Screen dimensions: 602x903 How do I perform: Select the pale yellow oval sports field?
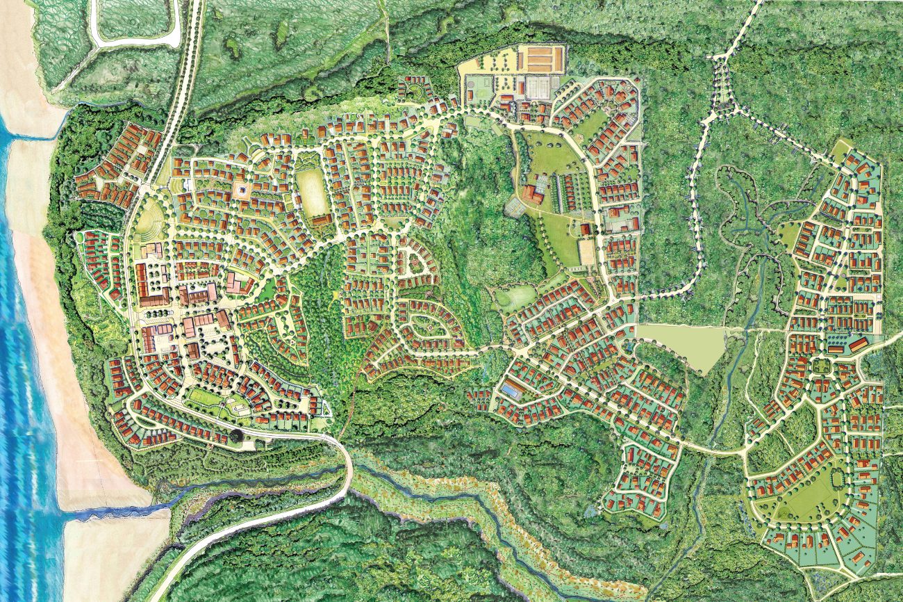312,192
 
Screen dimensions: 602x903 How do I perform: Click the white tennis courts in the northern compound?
536,88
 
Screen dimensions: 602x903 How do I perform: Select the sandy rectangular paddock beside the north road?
586,252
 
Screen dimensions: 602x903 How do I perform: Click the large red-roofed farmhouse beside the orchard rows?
533,194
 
